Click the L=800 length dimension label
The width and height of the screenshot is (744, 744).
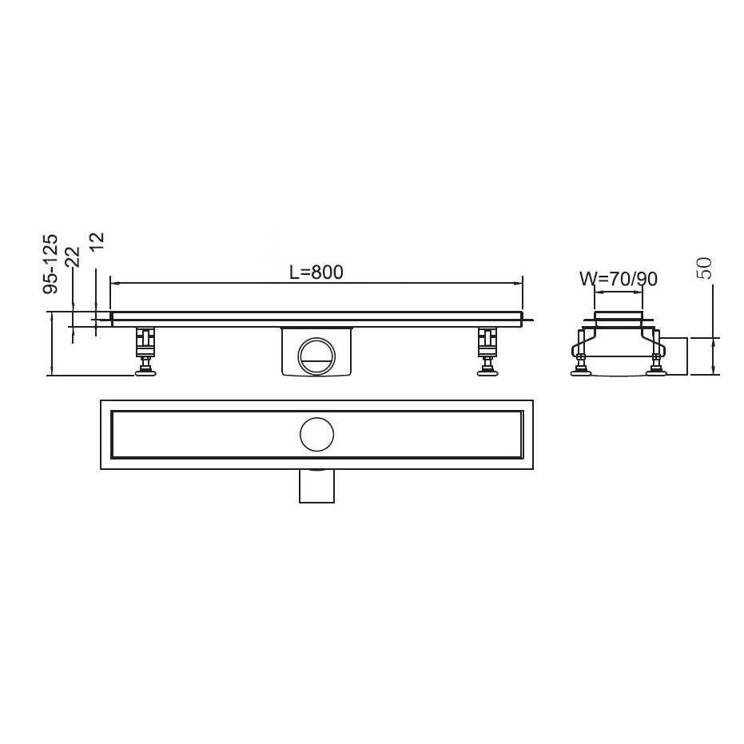[316, 273]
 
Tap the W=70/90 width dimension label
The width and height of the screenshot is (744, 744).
[619, 279]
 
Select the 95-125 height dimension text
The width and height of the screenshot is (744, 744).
[50, 264]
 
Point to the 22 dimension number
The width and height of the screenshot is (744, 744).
[74, 257]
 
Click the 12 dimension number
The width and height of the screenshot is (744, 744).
[97, 243]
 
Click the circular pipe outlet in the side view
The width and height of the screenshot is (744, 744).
[316, 356]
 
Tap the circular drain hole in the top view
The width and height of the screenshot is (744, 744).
[317, 434]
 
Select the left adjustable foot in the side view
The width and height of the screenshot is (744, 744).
[146, 351]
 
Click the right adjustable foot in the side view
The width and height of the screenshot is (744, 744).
[487, 351]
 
